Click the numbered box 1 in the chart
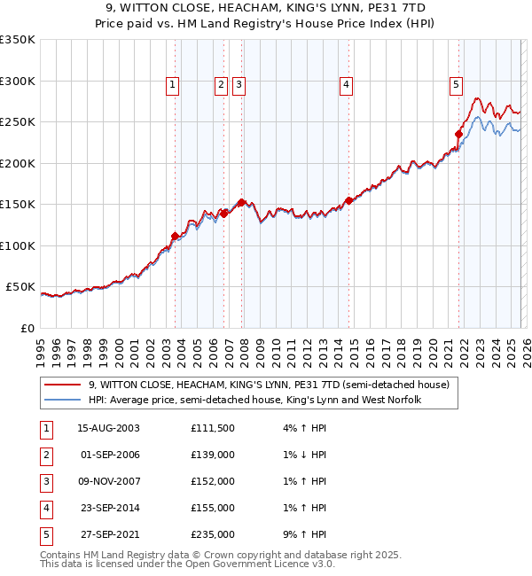171,85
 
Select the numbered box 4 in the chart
345,85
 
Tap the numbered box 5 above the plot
456,85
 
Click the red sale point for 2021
459,135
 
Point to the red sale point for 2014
349,200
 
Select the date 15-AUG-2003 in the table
109,428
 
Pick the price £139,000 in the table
213,455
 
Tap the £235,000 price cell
213,534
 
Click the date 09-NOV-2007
109,481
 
